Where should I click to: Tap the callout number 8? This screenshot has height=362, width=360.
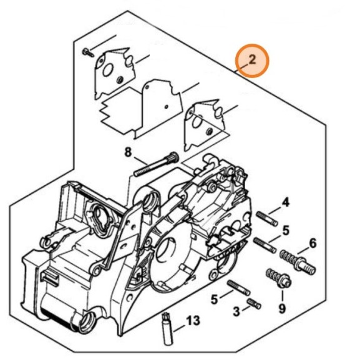(x=128, y=152)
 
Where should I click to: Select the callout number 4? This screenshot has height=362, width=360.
(x=286, y=203)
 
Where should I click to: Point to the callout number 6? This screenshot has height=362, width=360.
(x=313, y=243)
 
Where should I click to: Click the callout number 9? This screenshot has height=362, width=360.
(x=282, y=308)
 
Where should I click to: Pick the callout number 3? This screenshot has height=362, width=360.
(x=236, y=311)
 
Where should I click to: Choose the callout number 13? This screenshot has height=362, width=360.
(x=193, y=320)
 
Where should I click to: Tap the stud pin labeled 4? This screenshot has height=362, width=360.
(x=267, y=218)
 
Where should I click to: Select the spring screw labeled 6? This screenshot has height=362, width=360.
(x=298, y=262)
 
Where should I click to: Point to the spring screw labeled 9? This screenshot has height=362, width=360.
(x=279, y=278)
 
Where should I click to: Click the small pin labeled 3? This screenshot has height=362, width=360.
(x=254, y=303)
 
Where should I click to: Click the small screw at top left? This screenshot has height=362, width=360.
(x=88, y=53)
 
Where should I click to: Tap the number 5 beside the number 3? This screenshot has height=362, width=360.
(x=215, y=300)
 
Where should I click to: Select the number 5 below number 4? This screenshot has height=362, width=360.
(x=286, y=230)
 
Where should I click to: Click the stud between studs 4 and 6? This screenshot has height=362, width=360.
(x=265, y=245)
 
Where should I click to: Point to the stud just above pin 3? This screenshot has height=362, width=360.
(x=238, y=288)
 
